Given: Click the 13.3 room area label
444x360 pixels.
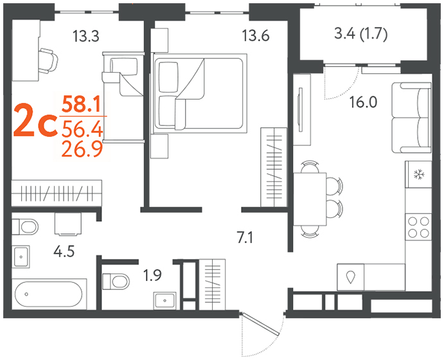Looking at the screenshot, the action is (x=86, y=36).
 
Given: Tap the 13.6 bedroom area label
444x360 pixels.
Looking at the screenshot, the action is (x=256, y=36).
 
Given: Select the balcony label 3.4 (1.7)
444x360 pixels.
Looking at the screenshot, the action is (x=360, y=34).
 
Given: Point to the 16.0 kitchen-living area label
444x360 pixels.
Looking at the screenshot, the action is (x=363, y=102).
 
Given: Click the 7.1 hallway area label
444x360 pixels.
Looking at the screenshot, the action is (x=245, y=237).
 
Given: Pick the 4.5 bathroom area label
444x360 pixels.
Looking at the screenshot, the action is (x=64, y=251).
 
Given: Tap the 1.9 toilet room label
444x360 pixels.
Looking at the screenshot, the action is (x=152, y=275).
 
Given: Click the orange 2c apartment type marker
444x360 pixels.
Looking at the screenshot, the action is (x=35, y=120).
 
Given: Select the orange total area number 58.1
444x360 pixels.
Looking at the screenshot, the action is (x=82, y=104).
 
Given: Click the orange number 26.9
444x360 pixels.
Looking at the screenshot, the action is (x=82, y=150).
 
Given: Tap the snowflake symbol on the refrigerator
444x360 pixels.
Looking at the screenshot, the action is (x=418, y=174).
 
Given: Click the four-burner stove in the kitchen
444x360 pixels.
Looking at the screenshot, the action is (x=418, y=227).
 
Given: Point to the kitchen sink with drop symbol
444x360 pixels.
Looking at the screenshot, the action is (x=351, y=277).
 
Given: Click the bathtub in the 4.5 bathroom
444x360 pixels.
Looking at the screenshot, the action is (x=48, y=294).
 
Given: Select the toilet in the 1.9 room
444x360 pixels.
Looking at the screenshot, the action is (x=116, y=282).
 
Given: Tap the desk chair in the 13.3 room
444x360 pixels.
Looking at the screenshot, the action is (x=48, y=61).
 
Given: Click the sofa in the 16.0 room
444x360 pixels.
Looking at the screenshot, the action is (x=411, y=118).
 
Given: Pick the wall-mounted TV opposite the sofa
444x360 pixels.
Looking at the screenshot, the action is (x=301, y=110).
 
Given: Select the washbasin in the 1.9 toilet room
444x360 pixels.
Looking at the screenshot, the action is (x=164, y=300).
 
